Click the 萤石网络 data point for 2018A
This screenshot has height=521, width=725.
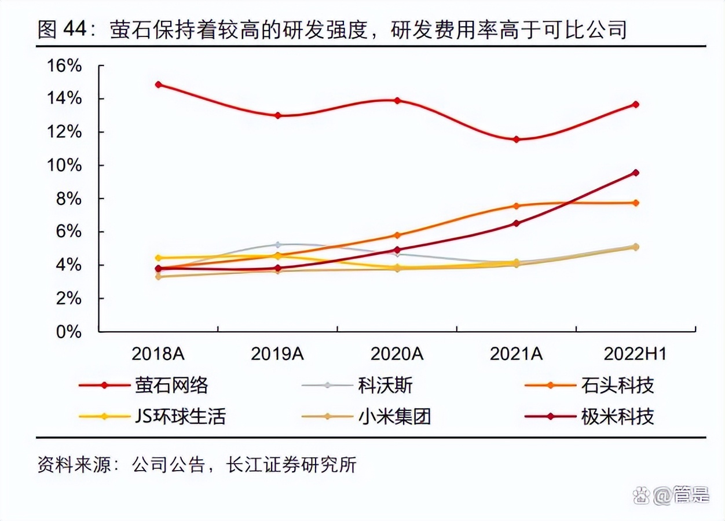click(158, 85)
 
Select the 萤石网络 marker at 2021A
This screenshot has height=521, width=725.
click(516, 140)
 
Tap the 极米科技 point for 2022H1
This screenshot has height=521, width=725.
click(636, 173)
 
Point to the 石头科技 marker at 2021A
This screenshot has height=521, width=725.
click(516, 206)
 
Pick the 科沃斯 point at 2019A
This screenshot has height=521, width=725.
click(277, 245)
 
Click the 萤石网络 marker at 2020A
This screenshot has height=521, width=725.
click(397, 101)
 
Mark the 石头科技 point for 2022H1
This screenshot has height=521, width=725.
click(636, 203)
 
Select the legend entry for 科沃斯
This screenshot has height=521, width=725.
click(385, 386)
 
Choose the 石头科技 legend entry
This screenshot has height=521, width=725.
click(617, 386)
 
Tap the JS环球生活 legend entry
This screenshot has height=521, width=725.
click(180, 416)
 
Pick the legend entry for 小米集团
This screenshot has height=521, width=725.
click(394, 416)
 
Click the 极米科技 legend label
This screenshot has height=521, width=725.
click(617, 416)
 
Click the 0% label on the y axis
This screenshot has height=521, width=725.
click(68, 332)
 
